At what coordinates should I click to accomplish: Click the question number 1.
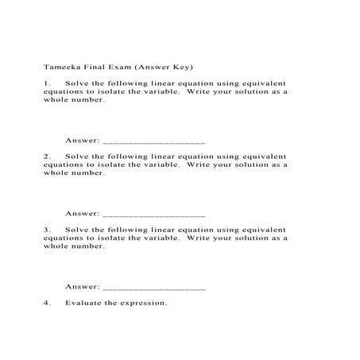coord(48,83)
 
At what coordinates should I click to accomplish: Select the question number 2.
coord(48,157)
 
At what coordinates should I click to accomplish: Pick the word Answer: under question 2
coord(82,213)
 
